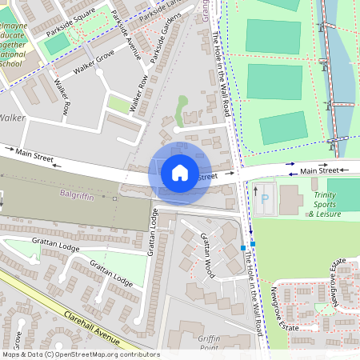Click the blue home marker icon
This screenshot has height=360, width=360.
(180, 172)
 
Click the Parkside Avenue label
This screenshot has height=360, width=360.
(126, 36)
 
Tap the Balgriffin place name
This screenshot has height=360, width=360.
(77, 194)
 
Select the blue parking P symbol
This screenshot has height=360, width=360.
(265, 197)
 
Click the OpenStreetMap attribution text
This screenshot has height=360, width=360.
(80, 354)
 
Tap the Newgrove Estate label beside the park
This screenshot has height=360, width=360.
(285, 309)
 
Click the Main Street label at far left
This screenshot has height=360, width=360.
(34, 154)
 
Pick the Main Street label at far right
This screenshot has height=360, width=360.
(318, 170)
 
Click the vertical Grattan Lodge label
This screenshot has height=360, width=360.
(150, 233)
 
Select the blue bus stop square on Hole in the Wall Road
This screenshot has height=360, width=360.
(243, 248)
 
